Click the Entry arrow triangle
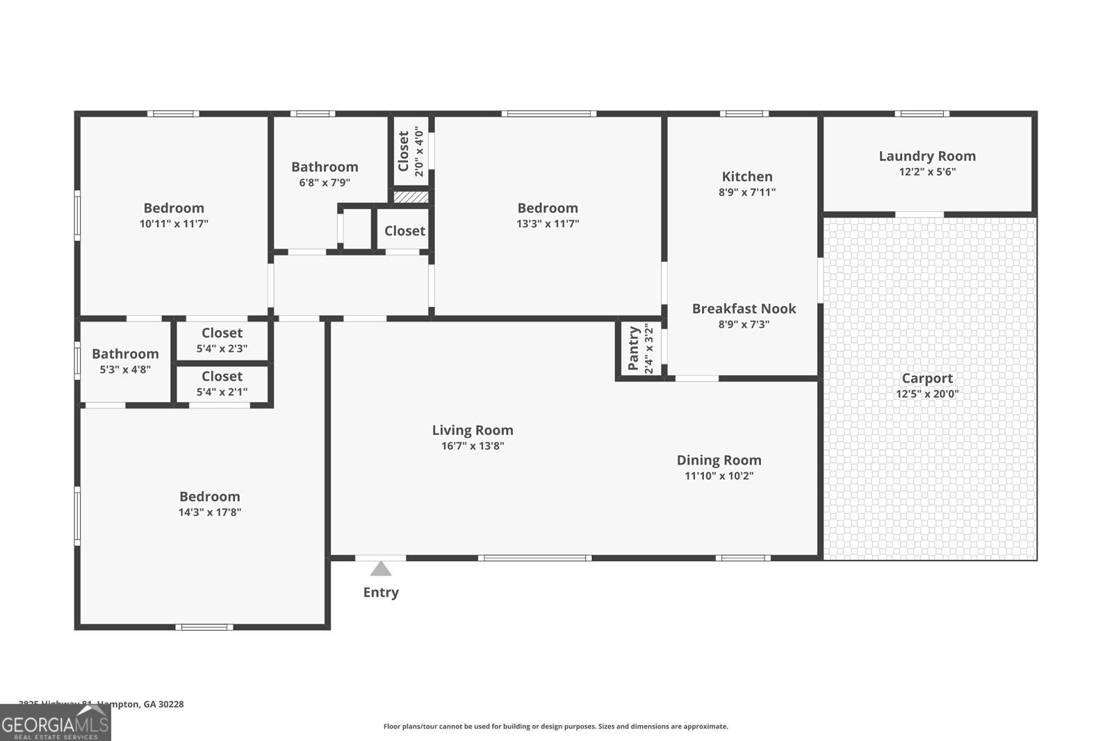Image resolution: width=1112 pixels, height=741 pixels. pos(380,569)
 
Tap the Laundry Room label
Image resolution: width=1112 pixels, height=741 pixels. pos(927,156)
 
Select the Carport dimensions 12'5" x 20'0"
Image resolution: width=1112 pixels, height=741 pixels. pos(927,394)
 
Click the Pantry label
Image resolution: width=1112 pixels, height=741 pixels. pos(633,349)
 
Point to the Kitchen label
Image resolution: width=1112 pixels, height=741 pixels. pos(747,176)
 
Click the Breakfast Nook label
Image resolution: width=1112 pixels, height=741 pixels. pos(744,308)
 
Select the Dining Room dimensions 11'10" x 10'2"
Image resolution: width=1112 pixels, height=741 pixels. pos(719,476)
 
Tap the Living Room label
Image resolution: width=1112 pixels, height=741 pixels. pos(473,430)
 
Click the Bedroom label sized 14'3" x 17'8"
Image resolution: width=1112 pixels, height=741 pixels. pos(209,496)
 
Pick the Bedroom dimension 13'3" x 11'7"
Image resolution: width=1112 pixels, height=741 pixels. pos(548,224)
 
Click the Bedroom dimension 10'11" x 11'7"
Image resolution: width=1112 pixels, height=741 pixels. pos(174,224)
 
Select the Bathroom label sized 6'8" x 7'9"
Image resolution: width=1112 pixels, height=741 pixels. pos(325,167)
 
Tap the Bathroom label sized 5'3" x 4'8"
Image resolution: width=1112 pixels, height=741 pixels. pos(125,353)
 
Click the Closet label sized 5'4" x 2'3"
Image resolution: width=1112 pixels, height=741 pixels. pos(222,333)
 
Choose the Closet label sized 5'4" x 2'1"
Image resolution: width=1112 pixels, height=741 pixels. pos(222,376)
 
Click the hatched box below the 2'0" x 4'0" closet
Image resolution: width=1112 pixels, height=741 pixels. pos(411,197)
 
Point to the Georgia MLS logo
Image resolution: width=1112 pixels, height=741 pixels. pos(55,723)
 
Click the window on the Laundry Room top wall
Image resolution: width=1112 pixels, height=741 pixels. pos(922,114)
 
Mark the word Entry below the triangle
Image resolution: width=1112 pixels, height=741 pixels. pos(381,592)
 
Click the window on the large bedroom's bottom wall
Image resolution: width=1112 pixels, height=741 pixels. pos(204,627)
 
